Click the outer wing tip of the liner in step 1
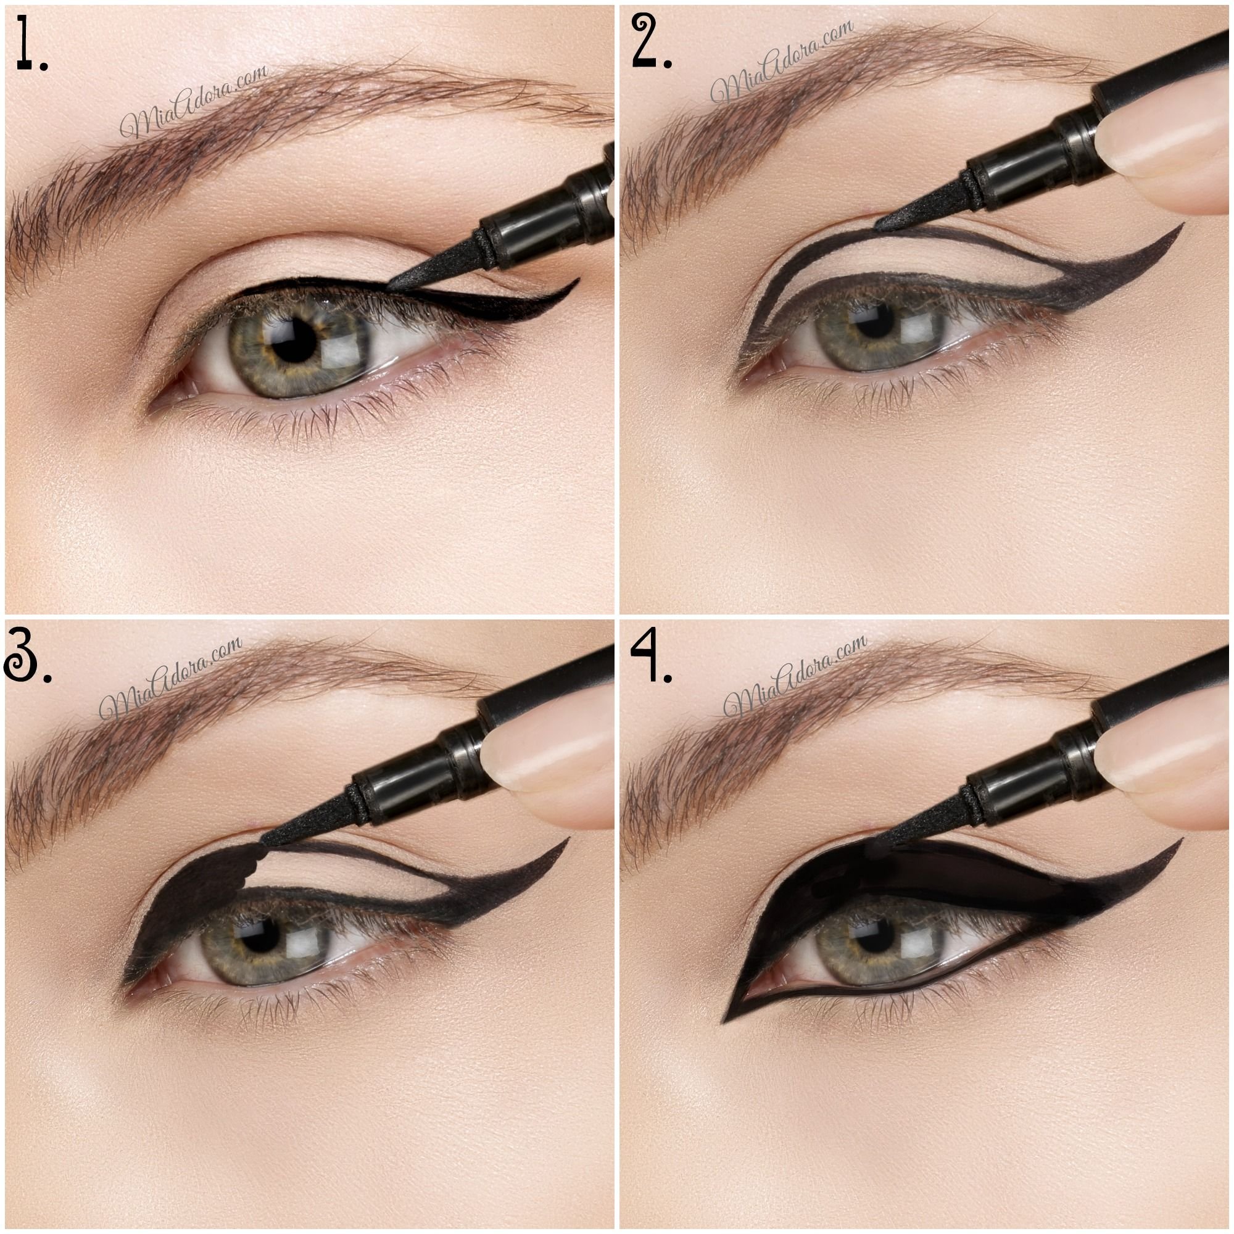click(579, 279)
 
